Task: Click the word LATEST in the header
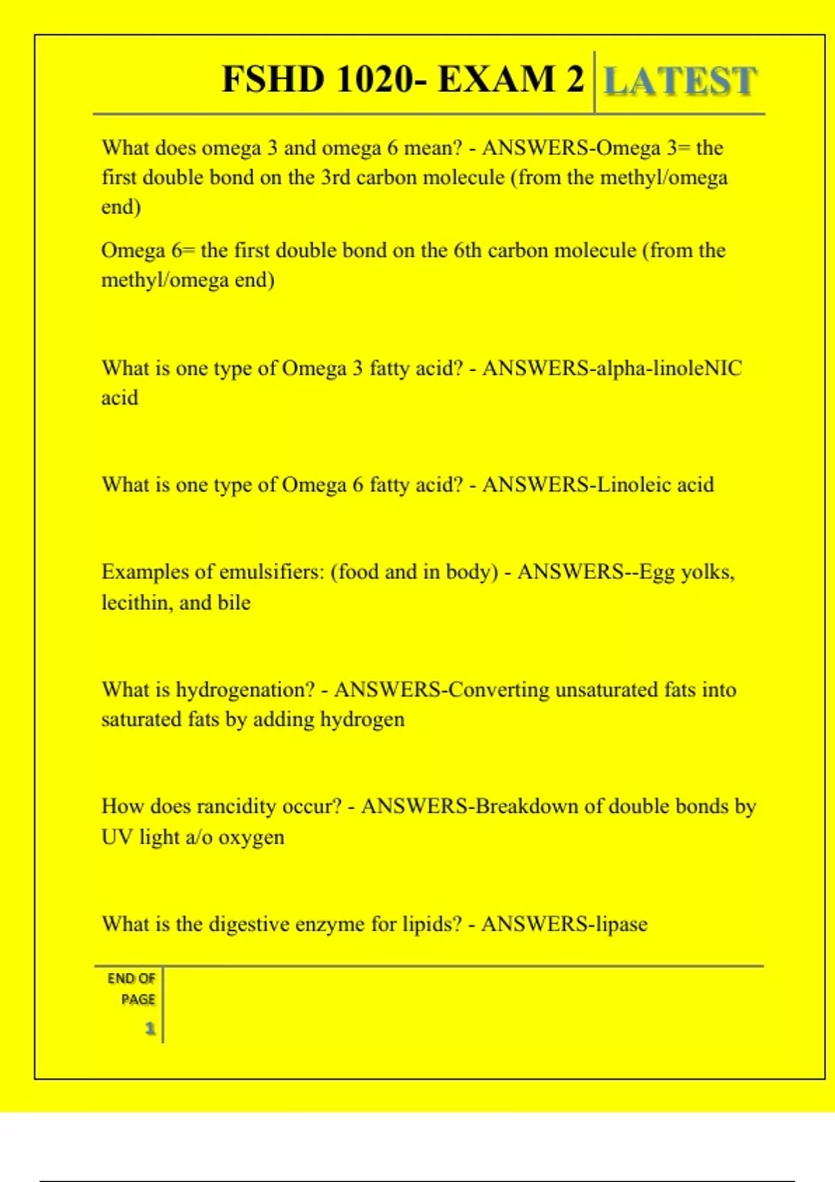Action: coord(679,81)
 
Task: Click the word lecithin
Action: coord(136,602)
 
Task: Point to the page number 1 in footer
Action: coord(150,1028)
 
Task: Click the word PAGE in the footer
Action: coord(138,999)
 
